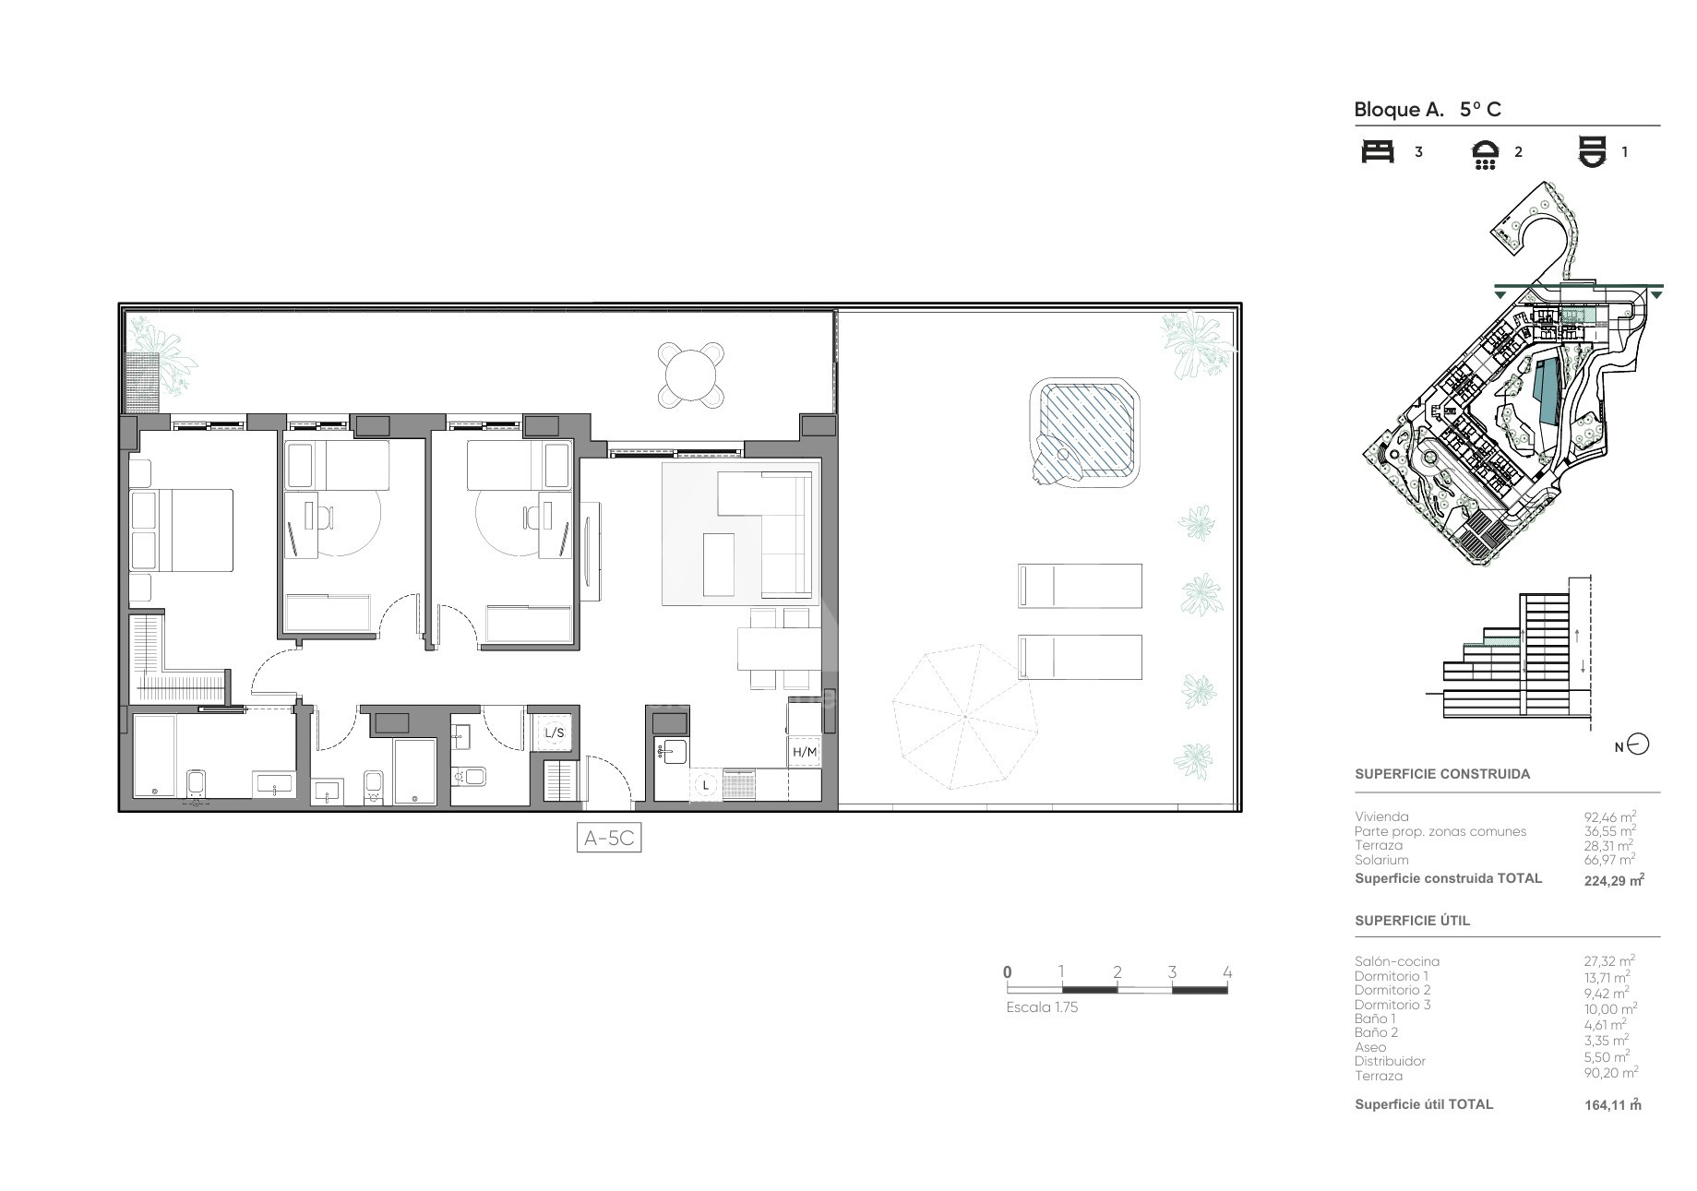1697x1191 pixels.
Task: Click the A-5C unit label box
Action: click(608, 838)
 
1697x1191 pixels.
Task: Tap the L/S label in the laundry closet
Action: click(555, 733)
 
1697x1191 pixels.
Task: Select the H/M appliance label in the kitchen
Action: click(805, 752)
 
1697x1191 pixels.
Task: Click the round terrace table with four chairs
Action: click(690, 375)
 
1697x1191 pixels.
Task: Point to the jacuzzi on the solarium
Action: click(1085, 432)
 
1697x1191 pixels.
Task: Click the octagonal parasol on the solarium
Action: click(964, 717)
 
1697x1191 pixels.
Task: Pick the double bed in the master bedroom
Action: click(182, 530)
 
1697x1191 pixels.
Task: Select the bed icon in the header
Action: click(1378, 152)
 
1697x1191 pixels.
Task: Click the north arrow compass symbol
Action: click(1638, 744)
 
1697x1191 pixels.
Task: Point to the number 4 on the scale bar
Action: click(1226, 971)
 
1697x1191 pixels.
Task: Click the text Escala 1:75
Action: click(1042, 1007)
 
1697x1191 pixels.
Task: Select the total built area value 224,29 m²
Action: click(1614, 880)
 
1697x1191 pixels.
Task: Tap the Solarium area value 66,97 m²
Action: click(1609, 859)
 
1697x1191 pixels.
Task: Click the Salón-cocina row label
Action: click(1396, 961)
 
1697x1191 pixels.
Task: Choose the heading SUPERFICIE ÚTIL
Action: click(1412, 921)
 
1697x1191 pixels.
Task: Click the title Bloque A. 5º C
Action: click(1428, 110)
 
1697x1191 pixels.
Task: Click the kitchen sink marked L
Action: click(706, 785)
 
